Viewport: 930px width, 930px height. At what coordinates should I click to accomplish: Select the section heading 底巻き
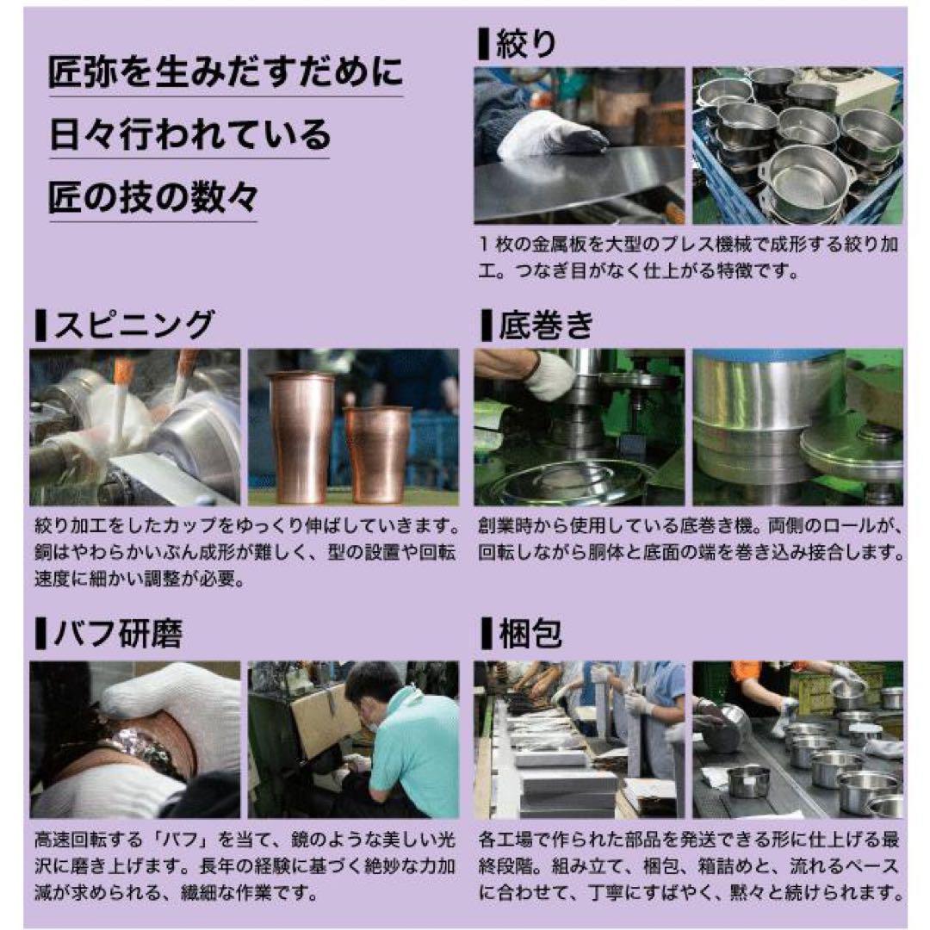[546, 325]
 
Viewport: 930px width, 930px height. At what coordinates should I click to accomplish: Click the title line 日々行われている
[189, 134]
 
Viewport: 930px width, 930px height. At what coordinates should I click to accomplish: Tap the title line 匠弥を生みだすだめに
[226, 72]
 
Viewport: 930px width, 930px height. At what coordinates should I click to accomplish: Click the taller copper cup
[301, 436]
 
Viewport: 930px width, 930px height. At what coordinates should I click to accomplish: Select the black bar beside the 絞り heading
[482, 44]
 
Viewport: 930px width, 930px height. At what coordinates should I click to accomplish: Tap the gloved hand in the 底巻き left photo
[549, 375]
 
